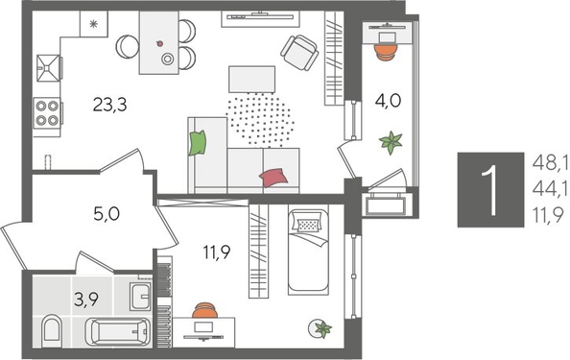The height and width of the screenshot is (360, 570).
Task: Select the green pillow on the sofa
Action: [x=198, y=143]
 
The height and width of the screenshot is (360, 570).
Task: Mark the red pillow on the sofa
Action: [x=273, y=177]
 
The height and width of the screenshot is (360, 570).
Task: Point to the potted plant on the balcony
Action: [x=390, y=143]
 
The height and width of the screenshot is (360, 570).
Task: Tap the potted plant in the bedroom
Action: [x=321, y=328]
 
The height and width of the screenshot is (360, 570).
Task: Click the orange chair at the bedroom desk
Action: [x=204, y=312]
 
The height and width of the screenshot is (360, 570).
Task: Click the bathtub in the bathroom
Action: [x=120, y=333]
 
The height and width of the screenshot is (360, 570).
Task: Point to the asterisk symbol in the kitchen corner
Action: [x=93, y=25]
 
